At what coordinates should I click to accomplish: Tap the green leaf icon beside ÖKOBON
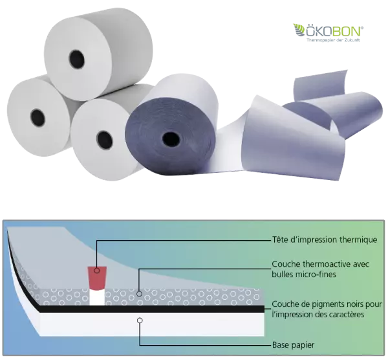pos(299,30)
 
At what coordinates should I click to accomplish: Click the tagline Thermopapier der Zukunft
pos(333,40)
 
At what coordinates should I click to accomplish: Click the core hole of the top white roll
pos(77,60)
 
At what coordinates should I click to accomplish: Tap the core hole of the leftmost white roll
pos(38,117)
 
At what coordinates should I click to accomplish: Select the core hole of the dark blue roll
pos(171,140)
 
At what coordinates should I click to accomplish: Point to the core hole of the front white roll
pos(105,141)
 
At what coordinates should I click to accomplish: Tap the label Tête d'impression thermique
pos(325,240)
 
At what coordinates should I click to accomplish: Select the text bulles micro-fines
pos(304,275)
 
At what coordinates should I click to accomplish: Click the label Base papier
pos(293,345)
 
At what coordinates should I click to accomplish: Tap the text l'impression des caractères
pos(318,315)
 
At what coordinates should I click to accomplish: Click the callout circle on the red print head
pos(97,270)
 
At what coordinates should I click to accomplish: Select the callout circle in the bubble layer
pos(139,294)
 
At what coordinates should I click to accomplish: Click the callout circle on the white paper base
pos(140,321)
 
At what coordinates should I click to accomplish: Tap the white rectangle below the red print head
pos(97,298)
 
